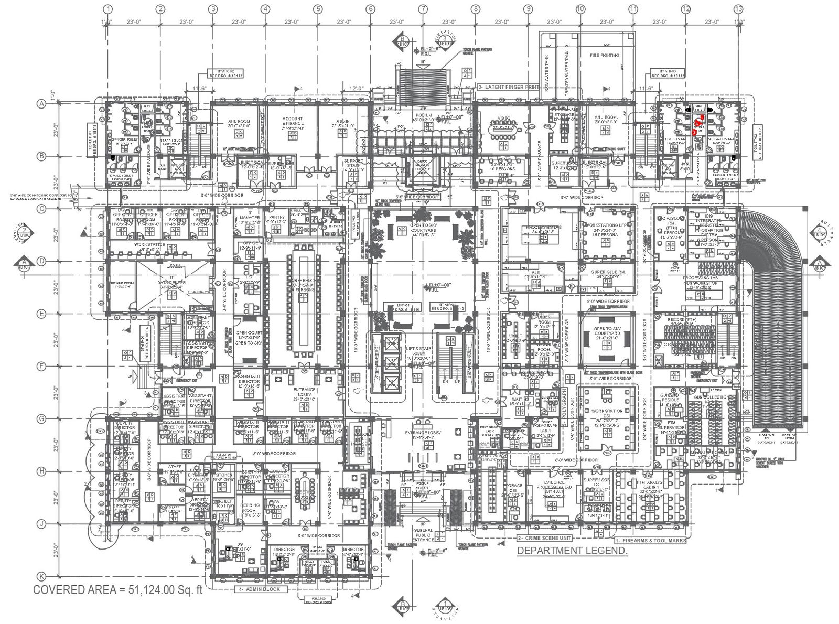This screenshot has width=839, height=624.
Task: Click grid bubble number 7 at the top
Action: [x=423, y=9]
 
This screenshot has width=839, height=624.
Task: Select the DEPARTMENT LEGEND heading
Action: [x=572, y=551]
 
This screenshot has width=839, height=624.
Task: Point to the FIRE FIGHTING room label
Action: [x=605, y=55]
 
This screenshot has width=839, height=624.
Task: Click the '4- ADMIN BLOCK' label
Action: [x=261, y=589]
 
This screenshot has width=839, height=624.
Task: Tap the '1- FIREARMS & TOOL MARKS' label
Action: [x=650, y=541]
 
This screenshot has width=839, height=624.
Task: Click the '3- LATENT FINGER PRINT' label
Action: [x=508, y=87]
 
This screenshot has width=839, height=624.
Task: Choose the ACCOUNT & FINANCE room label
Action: [x=293, y=122]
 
